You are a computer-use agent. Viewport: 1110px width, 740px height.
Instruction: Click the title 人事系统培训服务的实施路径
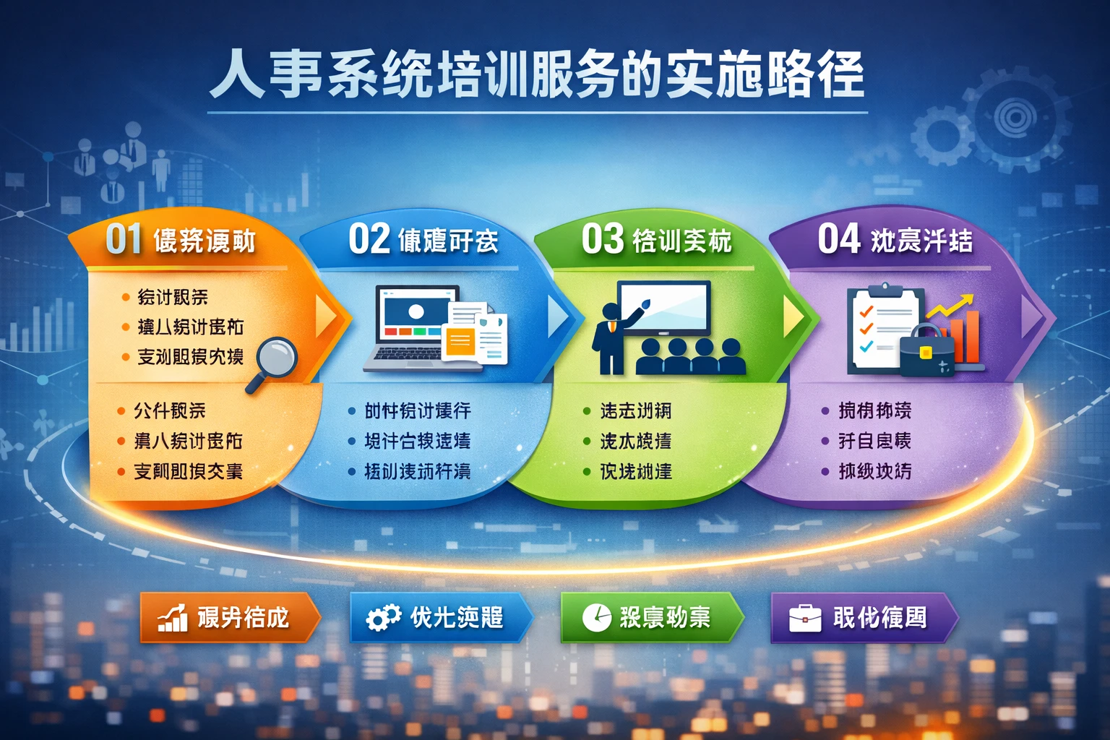click(x=537, y=75)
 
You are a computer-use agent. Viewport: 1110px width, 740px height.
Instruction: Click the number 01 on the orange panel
click(x=124, y=239)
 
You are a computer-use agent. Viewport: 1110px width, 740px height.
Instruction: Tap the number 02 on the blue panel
click(x=369, y=239)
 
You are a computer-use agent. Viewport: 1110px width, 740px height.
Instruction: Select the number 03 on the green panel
click(x=602, y=239)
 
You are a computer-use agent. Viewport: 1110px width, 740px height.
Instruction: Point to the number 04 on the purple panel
click(x=838, y=239)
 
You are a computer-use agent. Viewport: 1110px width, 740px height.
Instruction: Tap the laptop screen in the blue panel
click(x=416, y=315)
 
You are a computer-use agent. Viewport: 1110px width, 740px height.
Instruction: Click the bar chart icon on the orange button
click(x=172, y=618)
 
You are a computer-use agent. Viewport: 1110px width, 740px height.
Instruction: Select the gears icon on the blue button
click(x=383, y=618)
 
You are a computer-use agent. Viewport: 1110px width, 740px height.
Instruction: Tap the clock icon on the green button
click(x=597, y=617)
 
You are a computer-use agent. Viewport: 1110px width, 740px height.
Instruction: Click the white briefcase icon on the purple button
click(x=804, y=619)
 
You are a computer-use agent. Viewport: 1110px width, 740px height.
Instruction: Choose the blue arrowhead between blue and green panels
click(x=558, y=317)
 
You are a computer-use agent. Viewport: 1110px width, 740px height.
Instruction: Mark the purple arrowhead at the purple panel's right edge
click(x=1032, y=316)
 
